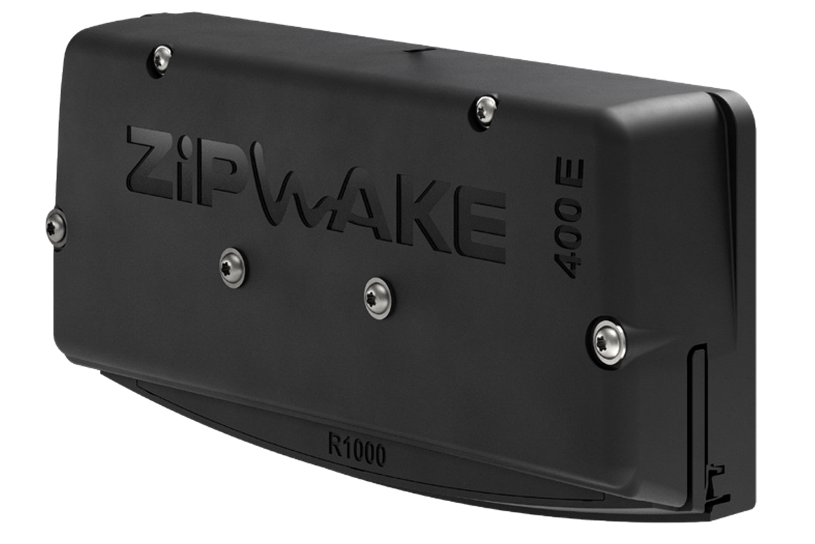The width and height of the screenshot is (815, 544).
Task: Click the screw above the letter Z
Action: pyautogui.click(x=160, y=59)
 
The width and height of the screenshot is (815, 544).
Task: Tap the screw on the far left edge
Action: pyautogui.click(x=56, y=228)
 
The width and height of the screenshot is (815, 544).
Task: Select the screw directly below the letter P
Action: pyautogui.click(x=233, y=267)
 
